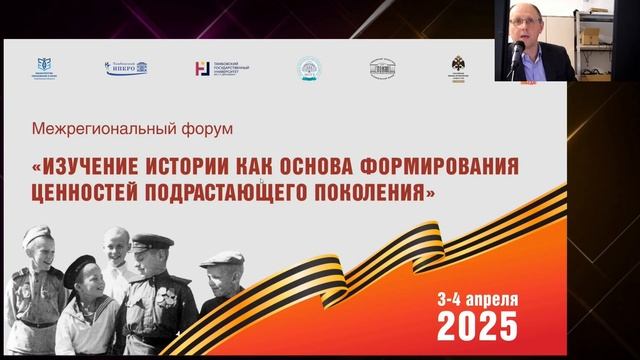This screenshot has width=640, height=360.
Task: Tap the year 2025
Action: coord(478,325)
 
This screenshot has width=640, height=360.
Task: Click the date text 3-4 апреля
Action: coord(478,299)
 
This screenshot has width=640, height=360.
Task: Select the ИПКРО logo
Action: coord(126,68)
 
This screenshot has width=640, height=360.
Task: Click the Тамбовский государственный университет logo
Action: coord(221,68)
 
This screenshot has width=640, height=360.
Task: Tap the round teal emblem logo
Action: coord(307,68)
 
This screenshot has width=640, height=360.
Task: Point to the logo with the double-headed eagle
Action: coord(458,67)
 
